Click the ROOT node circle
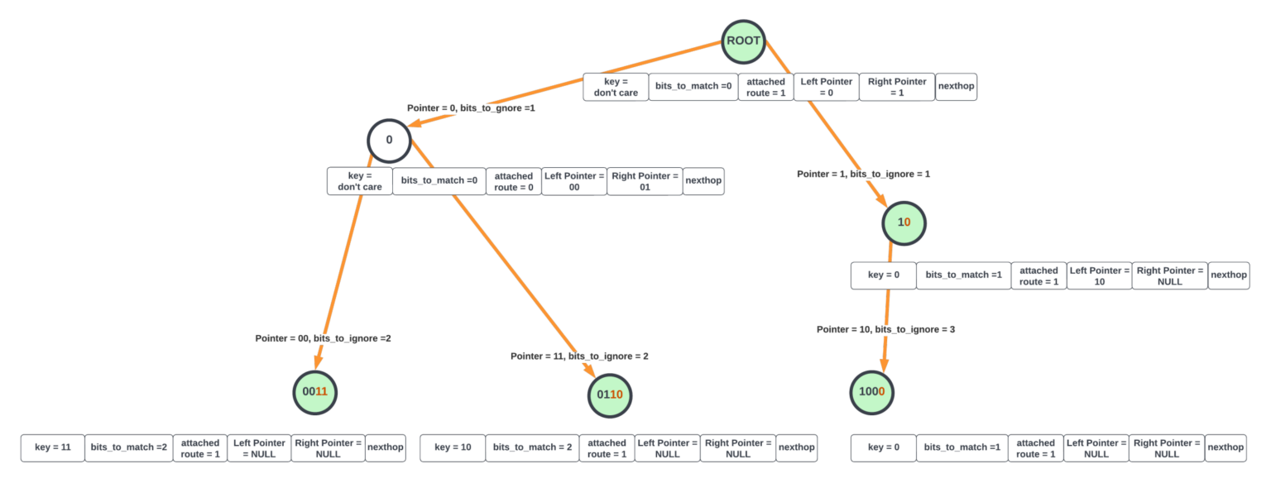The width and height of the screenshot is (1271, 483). coord(743,41)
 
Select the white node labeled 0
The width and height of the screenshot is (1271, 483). coord(390,140)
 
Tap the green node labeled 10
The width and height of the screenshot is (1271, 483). coord(903,222)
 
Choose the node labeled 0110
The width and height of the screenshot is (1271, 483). coord(610,395)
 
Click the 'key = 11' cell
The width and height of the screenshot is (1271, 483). coord(52,447)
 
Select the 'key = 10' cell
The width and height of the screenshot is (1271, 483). coord(452,447)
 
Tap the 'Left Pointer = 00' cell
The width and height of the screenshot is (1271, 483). coord(573,181)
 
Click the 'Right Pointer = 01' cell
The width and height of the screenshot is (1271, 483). coord(645,181)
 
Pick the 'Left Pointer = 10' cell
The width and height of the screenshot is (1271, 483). coord(1099,275)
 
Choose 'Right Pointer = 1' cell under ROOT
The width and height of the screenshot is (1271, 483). coord(897,87)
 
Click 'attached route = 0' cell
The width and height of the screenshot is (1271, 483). coord(513,181)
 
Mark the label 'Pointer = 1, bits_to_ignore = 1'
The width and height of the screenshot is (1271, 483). coord(863,175)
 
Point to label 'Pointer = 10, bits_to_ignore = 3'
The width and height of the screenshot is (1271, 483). coord(885,329)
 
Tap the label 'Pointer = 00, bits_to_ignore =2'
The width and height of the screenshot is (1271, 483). coord(323,338)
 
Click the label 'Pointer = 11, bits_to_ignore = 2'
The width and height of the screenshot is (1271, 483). coord(579,356)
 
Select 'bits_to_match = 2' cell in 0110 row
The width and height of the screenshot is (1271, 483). coord(532,447)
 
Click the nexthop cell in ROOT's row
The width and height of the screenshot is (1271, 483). coord(956,87)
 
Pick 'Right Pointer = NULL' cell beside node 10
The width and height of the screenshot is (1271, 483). coord(1169,275)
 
